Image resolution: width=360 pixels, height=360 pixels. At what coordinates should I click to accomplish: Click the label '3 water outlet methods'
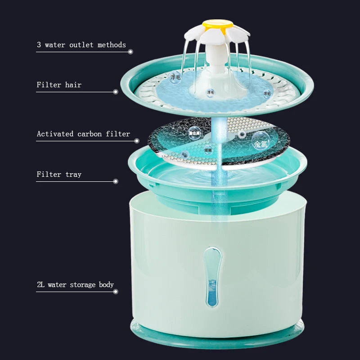coord(81,45)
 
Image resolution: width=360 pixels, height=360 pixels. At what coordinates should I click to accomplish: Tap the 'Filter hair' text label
coord(59,85)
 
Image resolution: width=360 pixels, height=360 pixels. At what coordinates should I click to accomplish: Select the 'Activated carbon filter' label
coord(83,134)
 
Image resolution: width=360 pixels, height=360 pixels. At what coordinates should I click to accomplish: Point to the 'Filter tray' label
coord(59,174)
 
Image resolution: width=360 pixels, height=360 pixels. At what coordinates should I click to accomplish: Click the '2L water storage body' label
coord(75,284)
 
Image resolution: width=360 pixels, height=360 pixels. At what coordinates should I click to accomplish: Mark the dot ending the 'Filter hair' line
coord(116,92)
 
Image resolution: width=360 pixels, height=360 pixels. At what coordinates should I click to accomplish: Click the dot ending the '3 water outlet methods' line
coord(130,52)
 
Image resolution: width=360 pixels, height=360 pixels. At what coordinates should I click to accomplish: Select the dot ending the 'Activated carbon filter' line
coord(137,141)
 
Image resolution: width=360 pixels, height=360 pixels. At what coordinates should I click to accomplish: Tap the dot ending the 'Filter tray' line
coord(116,181)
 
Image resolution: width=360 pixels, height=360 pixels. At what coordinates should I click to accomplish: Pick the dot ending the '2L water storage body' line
coord(116,292)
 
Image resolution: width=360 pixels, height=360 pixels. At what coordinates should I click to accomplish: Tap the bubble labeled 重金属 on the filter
coord(195,133)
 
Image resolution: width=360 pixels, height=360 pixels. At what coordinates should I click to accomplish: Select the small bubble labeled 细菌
coord(208,150)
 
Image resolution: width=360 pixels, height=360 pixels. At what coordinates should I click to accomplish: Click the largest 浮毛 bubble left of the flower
coord(175,77)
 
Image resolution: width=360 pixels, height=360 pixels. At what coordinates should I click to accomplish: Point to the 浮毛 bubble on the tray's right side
coord(267,94)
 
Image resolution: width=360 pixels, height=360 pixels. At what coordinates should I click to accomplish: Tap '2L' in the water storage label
coord(41,284)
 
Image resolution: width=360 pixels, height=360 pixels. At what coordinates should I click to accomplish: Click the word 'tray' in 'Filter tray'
coord(73,174)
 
